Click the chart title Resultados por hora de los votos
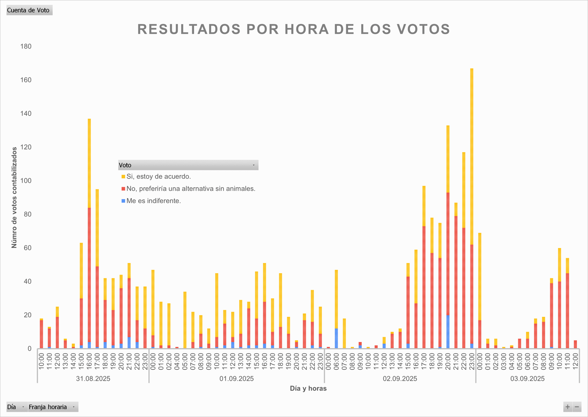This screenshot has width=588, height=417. click(x=294, y=29)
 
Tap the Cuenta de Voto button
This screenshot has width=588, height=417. click(x=29, y=10)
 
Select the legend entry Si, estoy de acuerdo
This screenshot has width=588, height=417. click(x=158, y=177)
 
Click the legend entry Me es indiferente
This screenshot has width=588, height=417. click(x=154, y=201)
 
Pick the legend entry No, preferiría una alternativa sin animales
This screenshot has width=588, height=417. click(x=191, y=189)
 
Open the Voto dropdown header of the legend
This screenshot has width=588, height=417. click(x=188, y=165)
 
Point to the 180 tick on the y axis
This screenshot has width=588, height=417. click(x=26, y=46)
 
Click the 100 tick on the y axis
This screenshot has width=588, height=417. click(x=26, y=181)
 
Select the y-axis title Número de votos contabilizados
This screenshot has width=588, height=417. click(x=14, y=197)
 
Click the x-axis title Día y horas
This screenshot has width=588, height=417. click(x=308, y=388)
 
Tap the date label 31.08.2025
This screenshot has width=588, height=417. click(x=93, y=379)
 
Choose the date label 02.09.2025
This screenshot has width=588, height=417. click(x=400, y=379)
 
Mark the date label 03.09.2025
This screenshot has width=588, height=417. click(x=527, y=379)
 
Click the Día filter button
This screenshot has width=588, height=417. click(x=17, y=407)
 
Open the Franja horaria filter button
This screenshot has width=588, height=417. click(x=53, y=407)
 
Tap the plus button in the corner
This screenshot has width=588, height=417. click(x=567, y=407)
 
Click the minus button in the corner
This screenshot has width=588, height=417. click(x=577, y=407)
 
